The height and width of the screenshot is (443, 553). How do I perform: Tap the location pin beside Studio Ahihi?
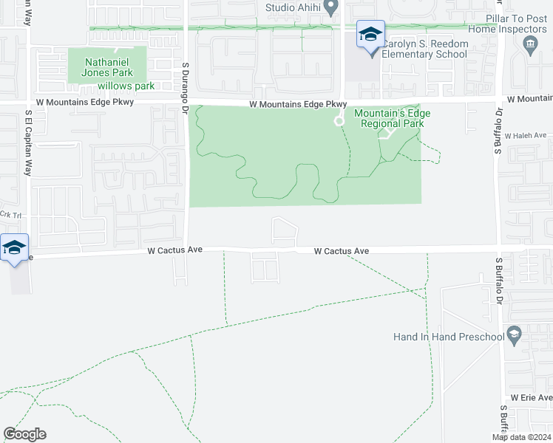tap(331, 7)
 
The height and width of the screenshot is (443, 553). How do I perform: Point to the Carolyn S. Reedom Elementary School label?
tap(425, 49)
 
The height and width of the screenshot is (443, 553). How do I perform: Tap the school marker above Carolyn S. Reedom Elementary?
tap(370, 34)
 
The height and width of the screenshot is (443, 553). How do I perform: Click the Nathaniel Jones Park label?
tap(108, 67)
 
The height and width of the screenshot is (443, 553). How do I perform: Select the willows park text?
tap(126, 86)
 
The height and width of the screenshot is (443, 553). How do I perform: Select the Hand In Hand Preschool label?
tap(448, 337)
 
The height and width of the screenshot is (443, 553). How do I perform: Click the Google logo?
tap(24, 434)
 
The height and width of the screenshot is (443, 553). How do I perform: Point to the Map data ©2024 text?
tap(522, 437)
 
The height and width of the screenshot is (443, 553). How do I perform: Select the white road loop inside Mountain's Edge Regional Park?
tap(339, 121)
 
